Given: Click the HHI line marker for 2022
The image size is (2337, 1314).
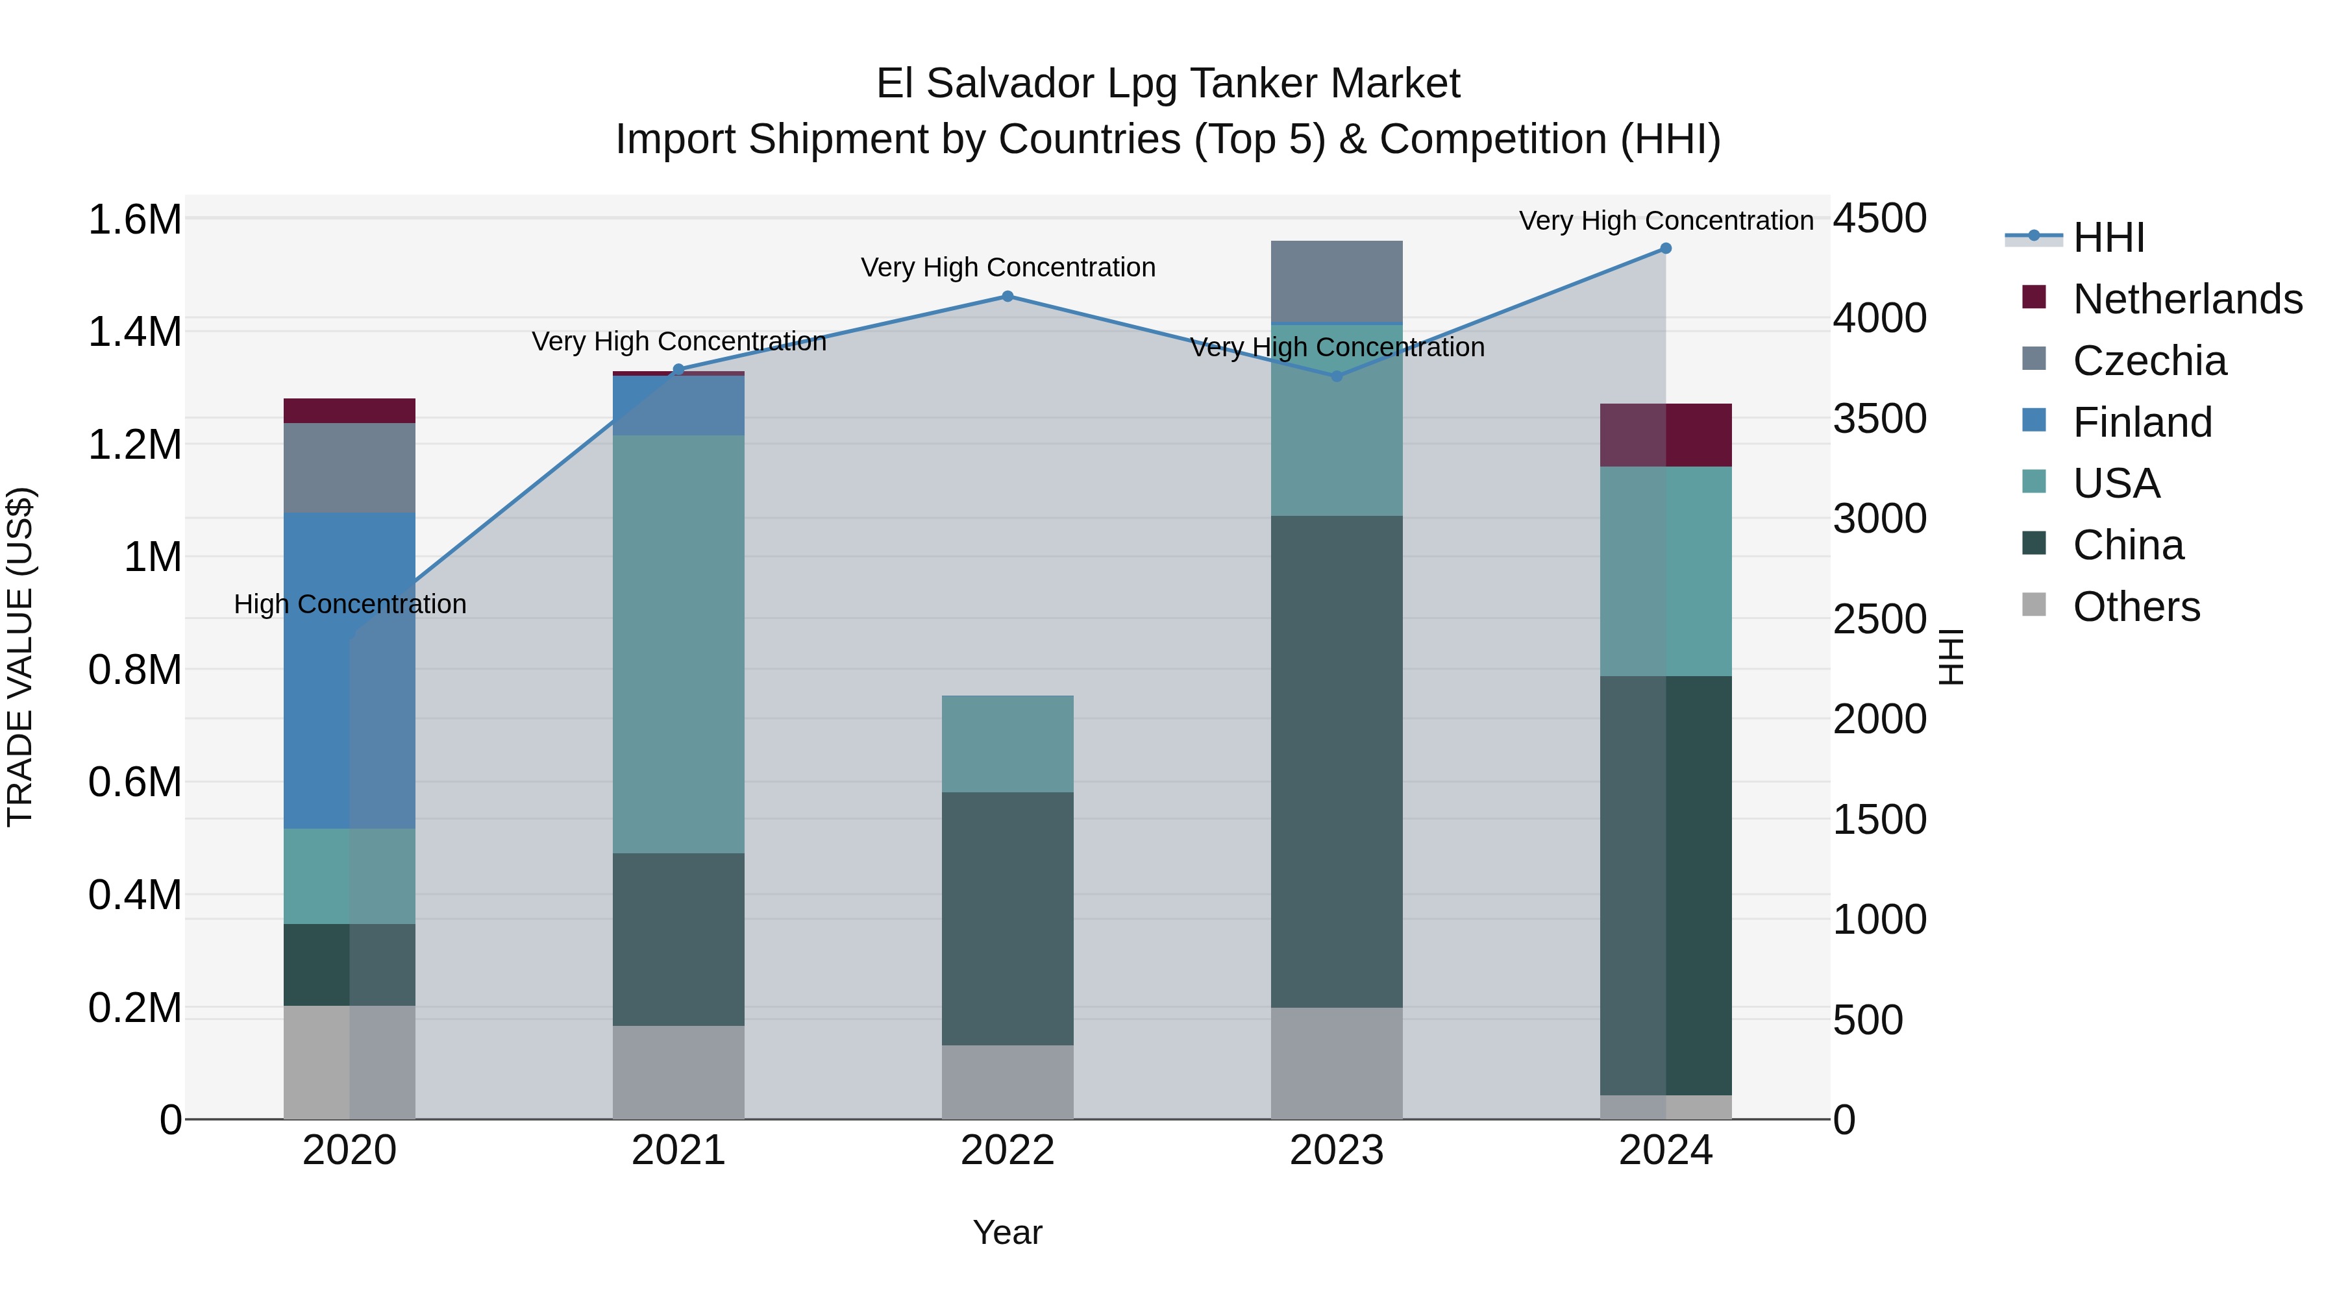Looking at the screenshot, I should click(x=1007, y=297).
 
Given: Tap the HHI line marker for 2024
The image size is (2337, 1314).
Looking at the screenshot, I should click(x=1666, y=249).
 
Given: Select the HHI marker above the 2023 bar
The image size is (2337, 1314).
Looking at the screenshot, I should click(x=1337, y=376).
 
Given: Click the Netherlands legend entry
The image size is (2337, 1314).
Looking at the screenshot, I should click(x=2187, y=299).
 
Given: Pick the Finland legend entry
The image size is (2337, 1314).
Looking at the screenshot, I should click(x=2142, y=422).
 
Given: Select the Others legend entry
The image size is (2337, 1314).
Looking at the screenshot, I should click(x=2136, y=607).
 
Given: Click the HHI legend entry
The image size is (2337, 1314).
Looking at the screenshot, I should click(x=2108, y=237).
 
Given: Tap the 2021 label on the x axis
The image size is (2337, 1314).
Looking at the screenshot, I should click(x=678, y=1150).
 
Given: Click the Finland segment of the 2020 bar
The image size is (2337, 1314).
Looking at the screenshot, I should click(x=349, y=671).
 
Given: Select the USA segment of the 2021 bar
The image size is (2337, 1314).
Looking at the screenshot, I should click(x=678, y=644).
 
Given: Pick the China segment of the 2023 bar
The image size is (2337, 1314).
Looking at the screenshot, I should click(x=1337, y=762).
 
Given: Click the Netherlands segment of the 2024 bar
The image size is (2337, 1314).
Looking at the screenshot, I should click(x=1666, y=435).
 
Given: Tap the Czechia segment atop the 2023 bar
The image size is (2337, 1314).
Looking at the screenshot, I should click(x=1337, y=281).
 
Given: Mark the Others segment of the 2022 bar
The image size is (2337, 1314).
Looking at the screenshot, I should click(x=1007, y=1082).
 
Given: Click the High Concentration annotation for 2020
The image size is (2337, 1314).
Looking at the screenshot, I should click(x=350, y=604).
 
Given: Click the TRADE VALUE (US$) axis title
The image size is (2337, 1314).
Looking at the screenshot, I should click(x=20, y=657).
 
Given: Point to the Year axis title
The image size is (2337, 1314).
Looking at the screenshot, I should click(x=1007, y=1232).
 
